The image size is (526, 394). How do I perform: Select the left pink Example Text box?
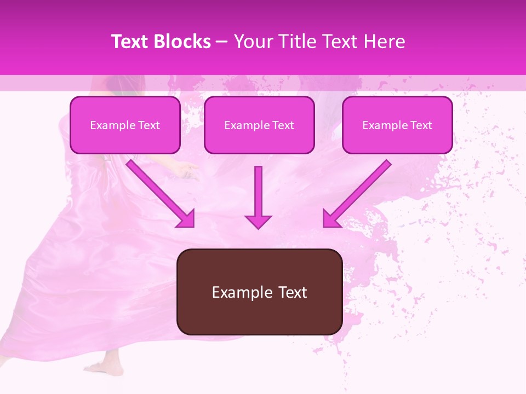point(125,125)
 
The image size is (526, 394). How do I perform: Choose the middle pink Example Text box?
point(259,125)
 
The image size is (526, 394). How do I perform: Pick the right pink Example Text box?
point(397,125)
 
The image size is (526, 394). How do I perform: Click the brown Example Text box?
point(259,292)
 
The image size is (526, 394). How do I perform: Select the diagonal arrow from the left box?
point(159,192)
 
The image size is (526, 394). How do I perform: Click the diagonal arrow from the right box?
point(359,192)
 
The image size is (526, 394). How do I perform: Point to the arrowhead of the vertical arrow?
point(258,222)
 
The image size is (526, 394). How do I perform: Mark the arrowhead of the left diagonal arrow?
point(186,219)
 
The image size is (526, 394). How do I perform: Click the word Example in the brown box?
point(239,292)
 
